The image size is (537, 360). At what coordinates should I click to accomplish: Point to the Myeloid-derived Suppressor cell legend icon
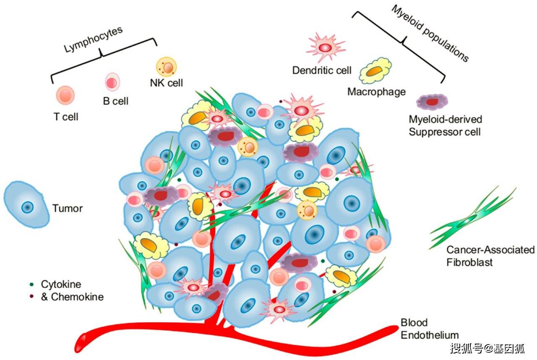point(432,102)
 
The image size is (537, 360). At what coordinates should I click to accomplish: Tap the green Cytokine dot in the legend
point(32,285)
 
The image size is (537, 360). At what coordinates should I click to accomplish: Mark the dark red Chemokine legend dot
point(32,297)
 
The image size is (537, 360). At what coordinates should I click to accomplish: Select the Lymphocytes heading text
point(93,41)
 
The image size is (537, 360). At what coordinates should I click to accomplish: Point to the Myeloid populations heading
point(430,33)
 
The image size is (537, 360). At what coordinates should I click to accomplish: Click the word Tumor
point(68,208)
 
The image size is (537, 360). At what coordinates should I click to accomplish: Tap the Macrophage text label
point(376,91)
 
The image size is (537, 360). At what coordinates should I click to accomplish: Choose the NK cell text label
point(167,83)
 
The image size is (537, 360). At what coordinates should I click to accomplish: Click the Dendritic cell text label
point(322,70)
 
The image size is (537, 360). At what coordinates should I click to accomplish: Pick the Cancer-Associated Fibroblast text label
point(490,256)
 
